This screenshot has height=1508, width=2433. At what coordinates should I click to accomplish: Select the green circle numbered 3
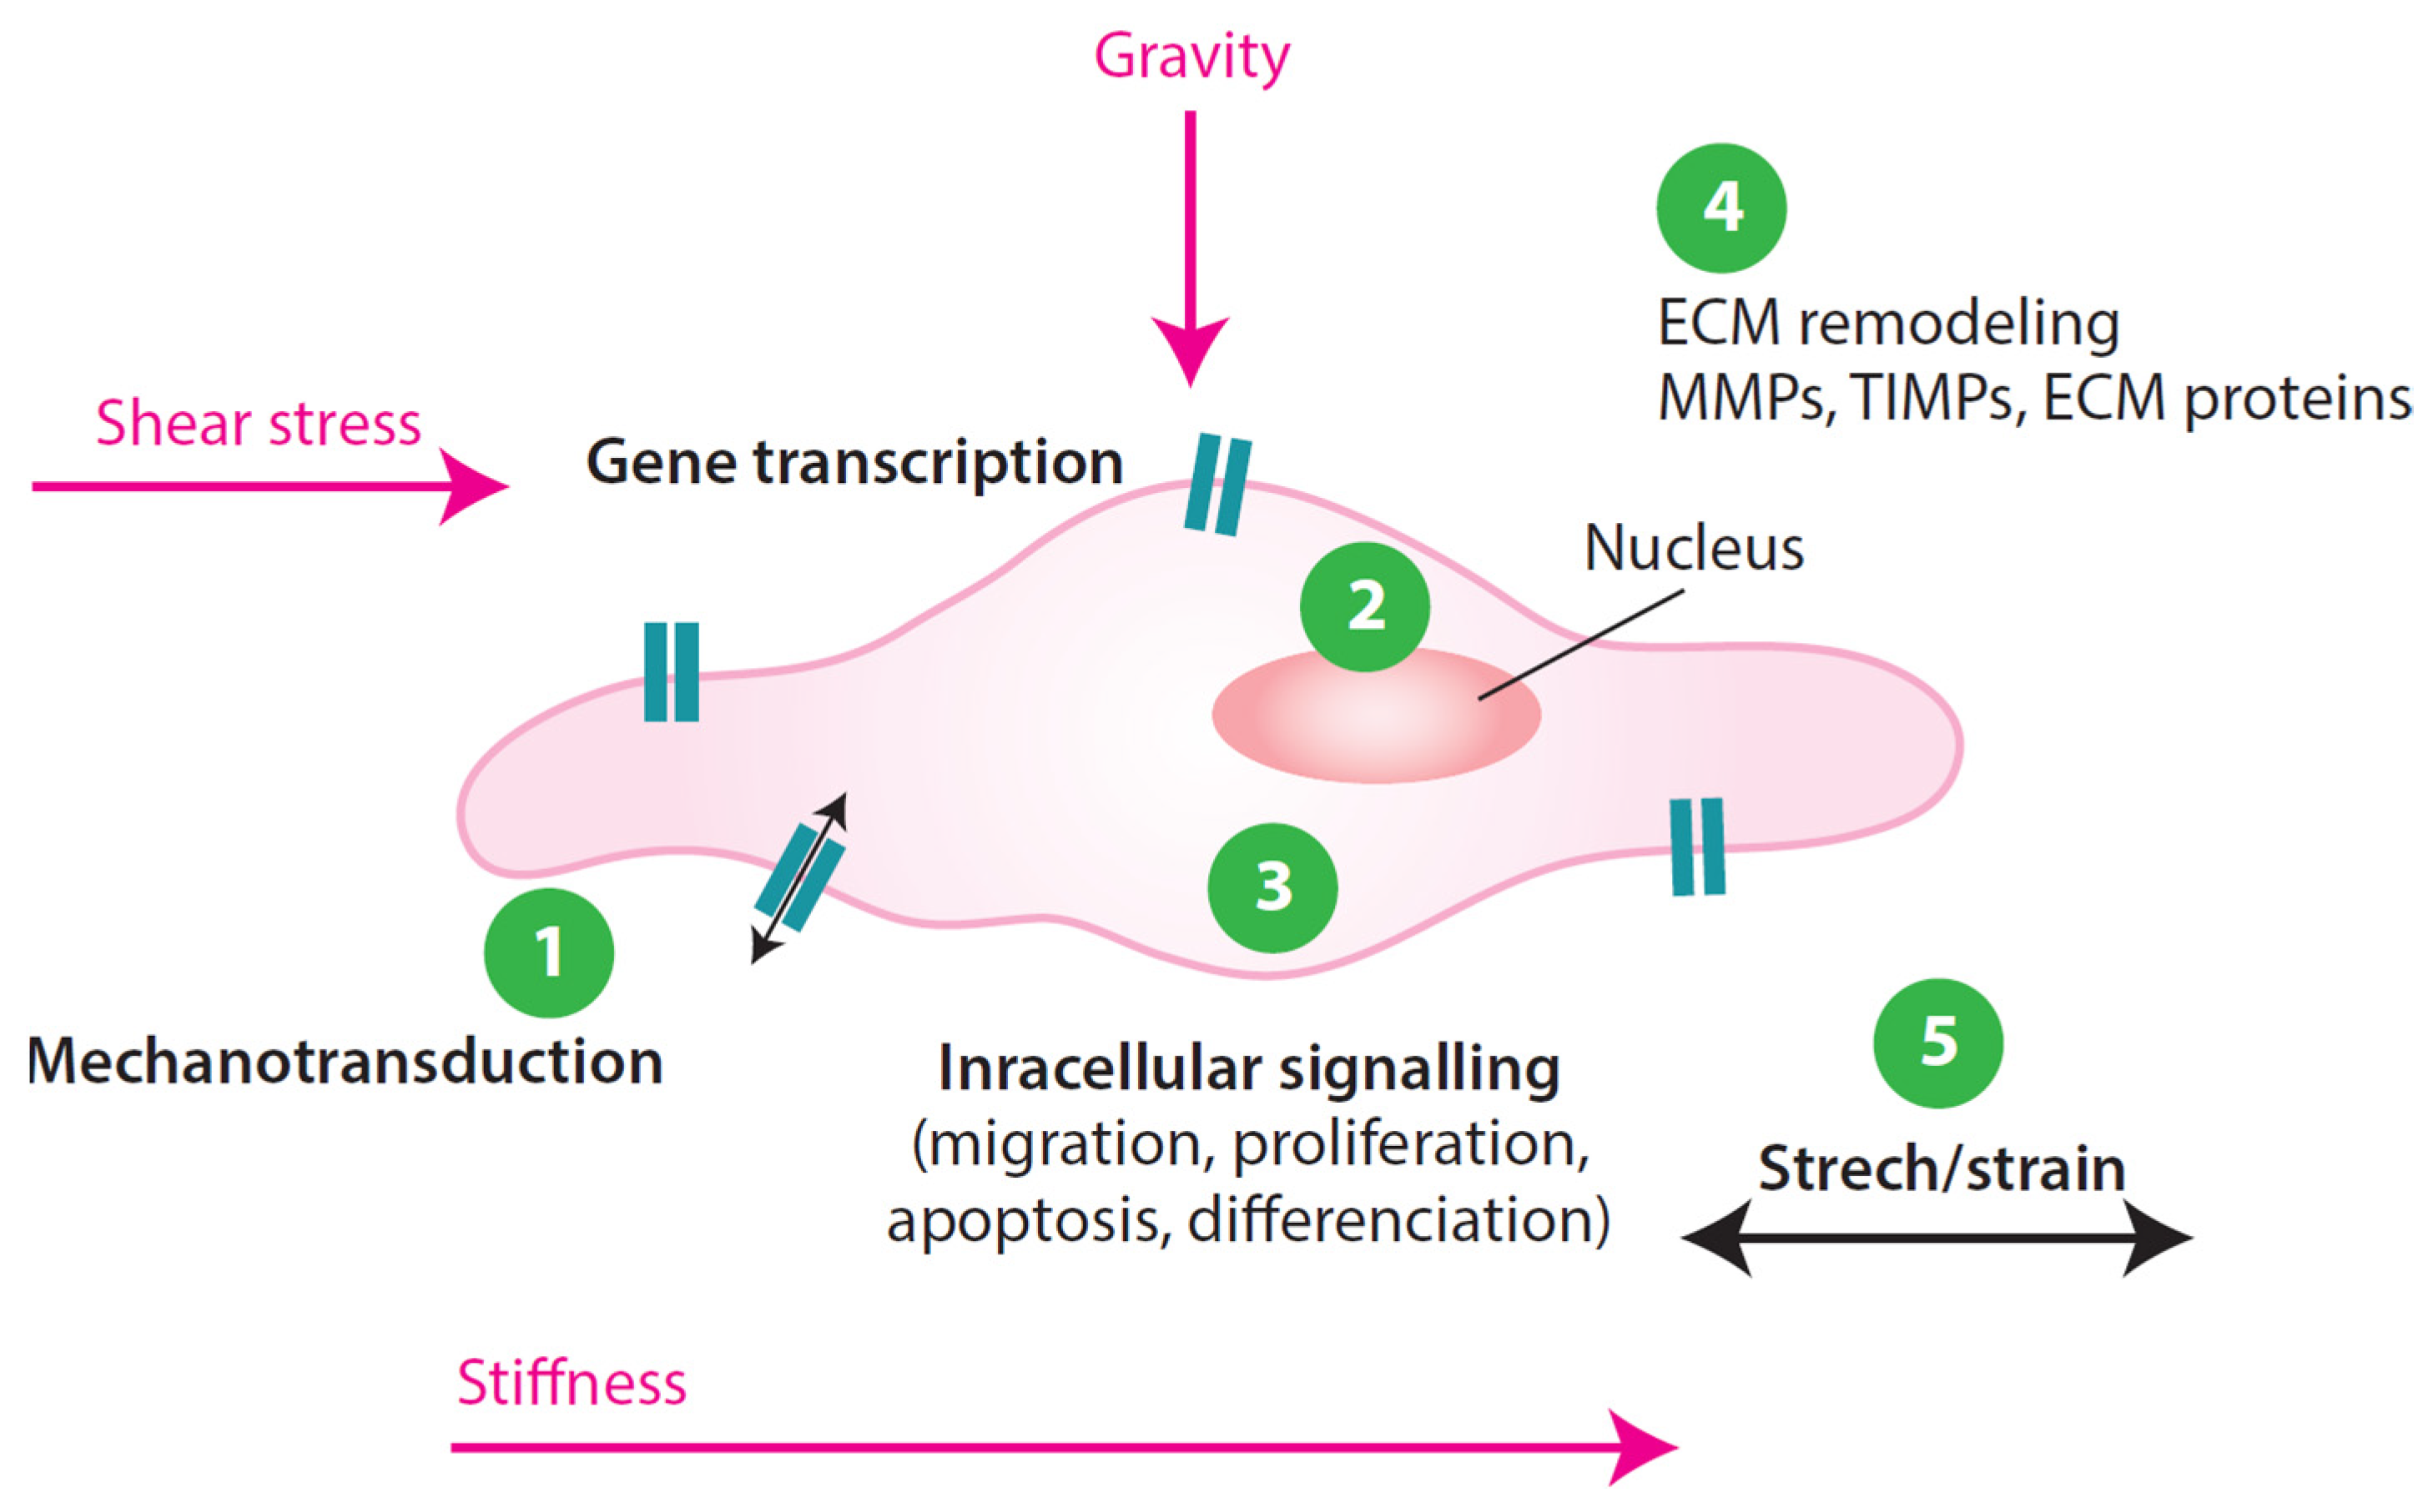(x=1272, y=887)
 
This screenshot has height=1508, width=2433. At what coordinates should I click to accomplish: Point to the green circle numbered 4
(x=1720, y=208)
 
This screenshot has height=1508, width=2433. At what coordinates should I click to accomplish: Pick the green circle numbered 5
(x=1937, y=1043)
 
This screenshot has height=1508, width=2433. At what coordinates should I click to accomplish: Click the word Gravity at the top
(x=1191, y=56)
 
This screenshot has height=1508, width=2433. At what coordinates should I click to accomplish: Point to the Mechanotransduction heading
(x=344, y=1061)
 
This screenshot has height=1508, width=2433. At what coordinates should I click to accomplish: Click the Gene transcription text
(x=854, y=462)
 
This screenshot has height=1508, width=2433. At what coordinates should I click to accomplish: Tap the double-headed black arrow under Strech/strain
(x=1935, y=1238)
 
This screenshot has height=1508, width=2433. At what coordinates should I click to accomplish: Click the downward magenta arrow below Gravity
(x=1189, y=249)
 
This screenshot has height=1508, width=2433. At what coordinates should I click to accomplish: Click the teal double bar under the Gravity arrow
(x=1217, y=484)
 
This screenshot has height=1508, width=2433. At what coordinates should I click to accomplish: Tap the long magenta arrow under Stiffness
(x=1057, y=1446)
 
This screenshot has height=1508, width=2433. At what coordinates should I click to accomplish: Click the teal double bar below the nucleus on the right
(x=1697, y=846)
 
